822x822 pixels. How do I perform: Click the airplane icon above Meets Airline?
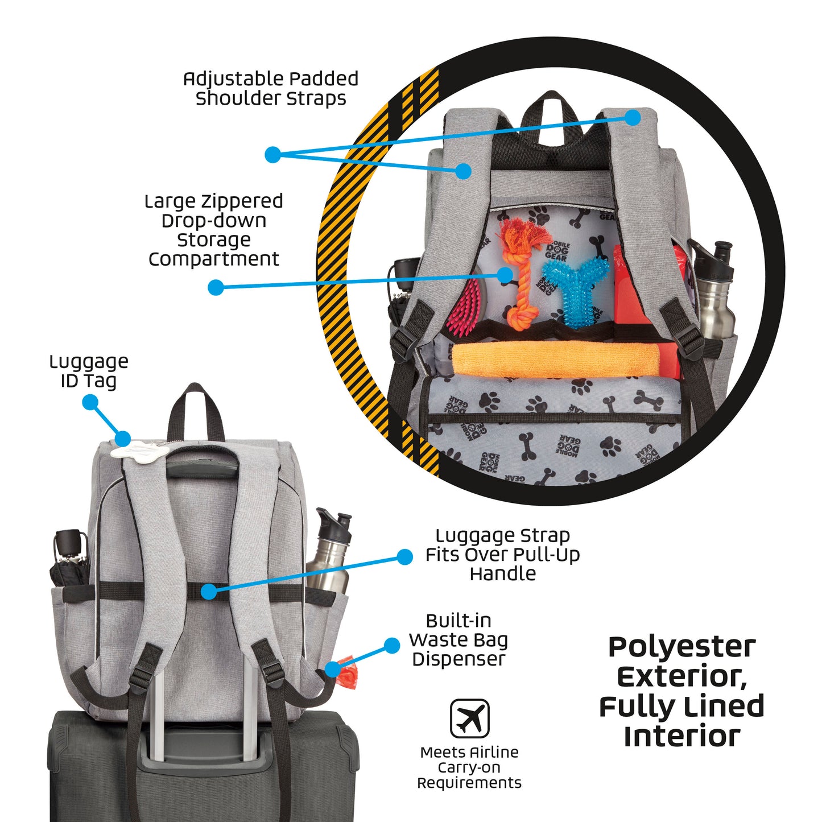point(469,718)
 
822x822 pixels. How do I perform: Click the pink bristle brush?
point(465,307)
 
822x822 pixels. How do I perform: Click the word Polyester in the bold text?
point(681,647)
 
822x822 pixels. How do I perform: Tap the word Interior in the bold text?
point(681,736)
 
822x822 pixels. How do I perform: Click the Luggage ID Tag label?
point(89,371)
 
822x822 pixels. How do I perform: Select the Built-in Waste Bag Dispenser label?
point(458,640)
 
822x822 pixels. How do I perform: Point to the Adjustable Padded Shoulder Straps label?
point(271,88)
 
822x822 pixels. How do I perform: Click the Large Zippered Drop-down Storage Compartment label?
point(213,230)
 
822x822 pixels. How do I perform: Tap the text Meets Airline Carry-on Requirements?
point(469,767)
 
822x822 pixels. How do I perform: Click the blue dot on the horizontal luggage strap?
point(209,592)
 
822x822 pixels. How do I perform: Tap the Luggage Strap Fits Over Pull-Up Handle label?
point(502,554)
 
